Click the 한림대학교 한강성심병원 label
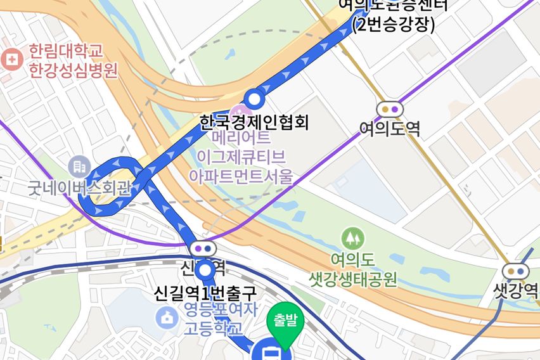pos(73,60)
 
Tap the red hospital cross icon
pos(11,60)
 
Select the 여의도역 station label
pos(390,129)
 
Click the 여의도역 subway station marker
pos(390,109)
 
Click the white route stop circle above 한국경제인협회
pos(255,99)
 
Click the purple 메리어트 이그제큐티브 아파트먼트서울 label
pos(241,157)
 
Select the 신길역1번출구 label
pos(205,293)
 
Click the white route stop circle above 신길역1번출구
pos(205,271)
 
